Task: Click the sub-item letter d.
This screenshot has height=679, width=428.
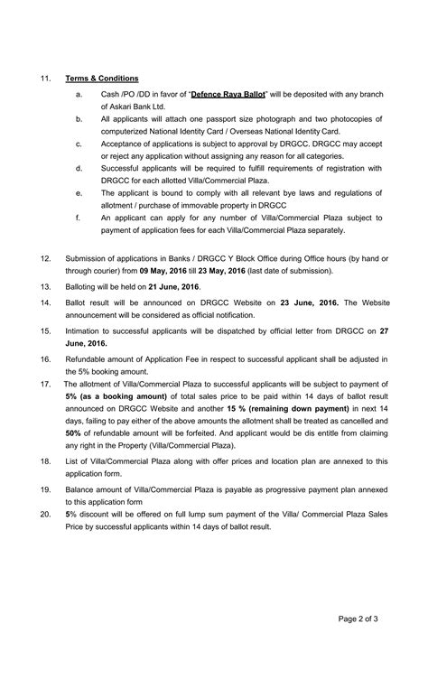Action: [x=79, y=167]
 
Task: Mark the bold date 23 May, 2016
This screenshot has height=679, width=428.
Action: [x=237, y=271]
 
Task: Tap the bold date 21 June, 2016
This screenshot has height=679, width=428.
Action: [x=170, y=285]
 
